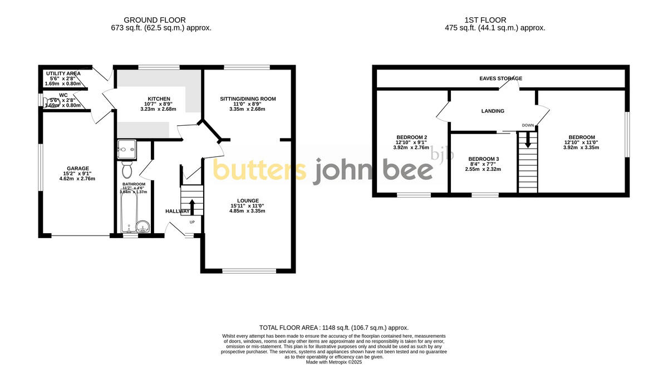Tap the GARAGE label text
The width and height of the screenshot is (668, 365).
coord(78,168)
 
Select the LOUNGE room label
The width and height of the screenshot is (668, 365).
coord(248,200)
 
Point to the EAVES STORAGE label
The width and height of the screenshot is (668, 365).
coord(501,78)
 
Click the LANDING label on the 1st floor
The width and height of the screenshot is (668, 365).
coord(493,111)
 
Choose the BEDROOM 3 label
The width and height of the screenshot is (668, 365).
coord(483,159)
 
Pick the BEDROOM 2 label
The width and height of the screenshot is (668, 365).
coord(411,137)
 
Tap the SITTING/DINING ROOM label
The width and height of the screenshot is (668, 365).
coord(248,98)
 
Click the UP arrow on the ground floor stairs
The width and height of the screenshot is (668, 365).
coord(193,206)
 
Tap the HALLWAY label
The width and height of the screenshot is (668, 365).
coord(178,211)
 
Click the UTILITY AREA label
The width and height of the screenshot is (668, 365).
coord(63,73)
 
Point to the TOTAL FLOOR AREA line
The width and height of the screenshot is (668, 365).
coord(334,328)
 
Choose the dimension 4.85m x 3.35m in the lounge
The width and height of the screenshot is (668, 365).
coord(248,211)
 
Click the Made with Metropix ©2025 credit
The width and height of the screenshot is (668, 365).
coord(334,362)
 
